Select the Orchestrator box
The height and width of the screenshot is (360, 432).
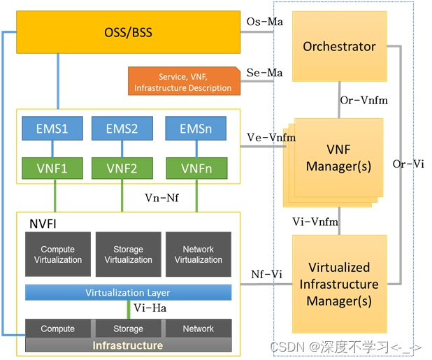pyautogui.click(x=339, y=47)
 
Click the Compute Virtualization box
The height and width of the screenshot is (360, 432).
pyautogui.click(x=57, y=254)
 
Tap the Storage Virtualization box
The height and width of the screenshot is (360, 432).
pyautogui.click(x=128, y=254)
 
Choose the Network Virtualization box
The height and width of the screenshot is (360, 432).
pyautogui.click(x=199, y=254)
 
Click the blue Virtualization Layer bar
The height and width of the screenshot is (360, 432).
pyautogui.click(x=128, y=292)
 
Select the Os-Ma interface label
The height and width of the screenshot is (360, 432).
pyautogui.click(x=265, y=22)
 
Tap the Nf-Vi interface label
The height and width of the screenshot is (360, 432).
pyautogui.click(x=266, y=275)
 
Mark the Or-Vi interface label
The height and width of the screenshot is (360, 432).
pyautogui.click(x=409, y=164)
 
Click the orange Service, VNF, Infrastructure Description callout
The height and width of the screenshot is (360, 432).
pyautogui.click(x=183, y=81)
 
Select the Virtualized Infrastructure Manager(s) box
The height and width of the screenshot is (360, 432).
pyautogui.click(x=339, y=285)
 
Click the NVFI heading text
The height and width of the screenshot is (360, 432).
pyautogui.click(x=42, y=225)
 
